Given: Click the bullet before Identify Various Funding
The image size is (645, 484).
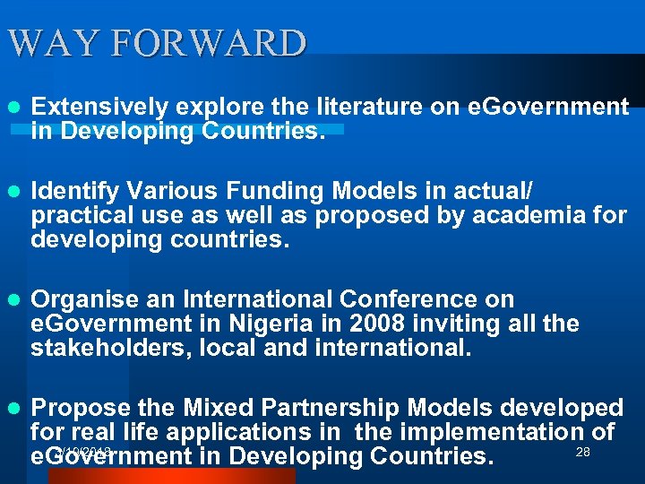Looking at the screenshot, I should pos(13,192).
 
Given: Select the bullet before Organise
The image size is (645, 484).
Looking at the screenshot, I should pos(13,299).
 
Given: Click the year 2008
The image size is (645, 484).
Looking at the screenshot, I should pos(366,324).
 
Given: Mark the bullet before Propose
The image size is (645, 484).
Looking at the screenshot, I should pos(13,409).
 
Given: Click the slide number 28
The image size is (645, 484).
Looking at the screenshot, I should pos(582,453).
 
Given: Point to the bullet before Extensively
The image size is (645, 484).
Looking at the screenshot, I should pos(13,108).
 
